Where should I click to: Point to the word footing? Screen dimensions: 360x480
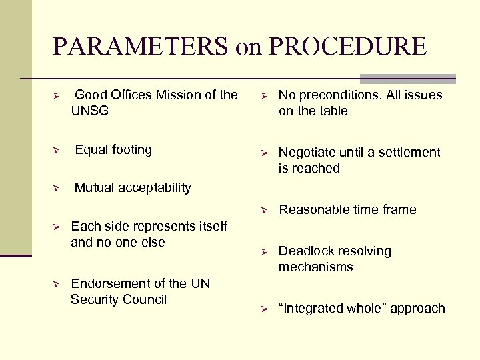133,149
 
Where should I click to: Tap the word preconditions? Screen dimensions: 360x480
334,95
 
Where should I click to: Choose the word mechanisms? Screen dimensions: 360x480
315,267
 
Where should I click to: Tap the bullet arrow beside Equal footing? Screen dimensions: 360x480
57,150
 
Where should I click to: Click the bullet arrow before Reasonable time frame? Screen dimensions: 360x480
264,210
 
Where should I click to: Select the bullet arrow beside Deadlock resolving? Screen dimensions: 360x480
264,251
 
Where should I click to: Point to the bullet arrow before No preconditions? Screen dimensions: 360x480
264,95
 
